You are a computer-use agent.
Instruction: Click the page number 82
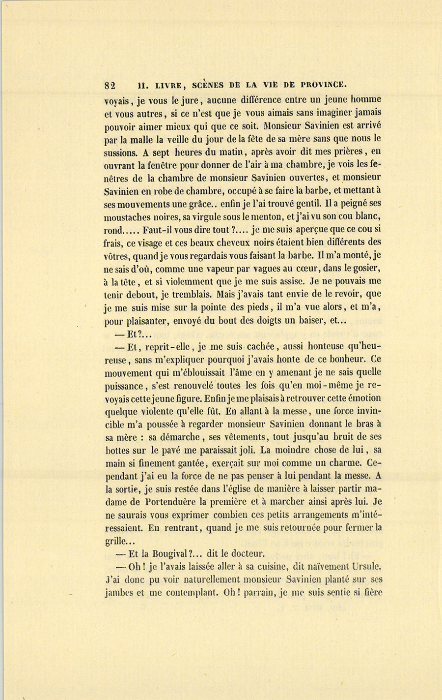(x=110, y=84)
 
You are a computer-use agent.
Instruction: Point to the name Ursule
(x=365, y=567)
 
